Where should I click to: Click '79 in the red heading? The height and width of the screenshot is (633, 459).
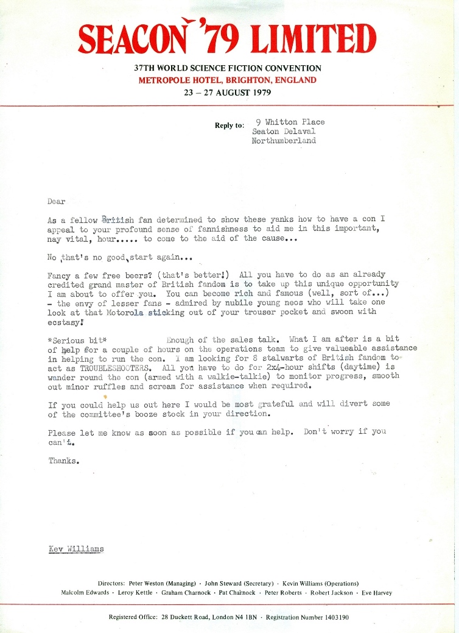[223, 40]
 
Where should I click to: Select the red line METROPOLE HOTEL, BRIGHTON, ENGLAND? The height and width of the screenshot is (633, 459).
[228, 80]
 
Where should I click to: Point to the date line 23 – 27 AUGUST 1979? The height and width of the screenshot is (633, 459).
[228, 93]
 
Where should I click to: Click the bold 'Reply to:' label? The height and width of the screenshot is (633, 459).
[229, 126]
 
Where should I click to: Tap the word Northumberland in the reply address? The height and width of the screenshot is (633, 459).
[284, 141]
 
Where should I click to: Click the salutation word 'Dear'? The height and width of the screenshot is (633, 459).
[56, 201]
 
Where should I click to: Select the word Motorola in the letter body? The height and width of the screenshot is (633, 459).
[124, 312]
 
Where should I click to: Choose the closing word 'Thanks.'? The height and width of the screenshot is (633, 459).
[63, 461]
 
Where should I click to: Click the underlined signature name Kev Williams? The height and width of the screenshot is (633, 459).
[76, 549]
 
